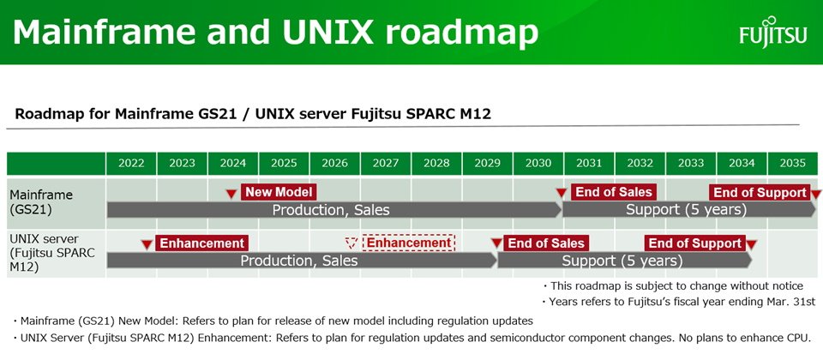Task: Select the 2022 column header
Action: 131,163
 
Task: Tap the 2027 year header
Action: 386,163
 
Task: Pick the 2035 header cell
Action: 792,163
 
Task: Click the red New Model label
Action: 279,192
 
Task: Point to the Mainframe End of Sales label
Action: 614,192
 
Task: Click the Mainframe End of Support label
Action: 759,193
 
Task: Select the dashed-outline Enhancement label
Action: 409,243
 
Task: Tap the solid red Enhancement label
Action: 202,243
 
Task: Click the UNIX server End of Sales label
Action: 546,243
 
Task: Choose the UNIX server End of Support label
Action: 695,243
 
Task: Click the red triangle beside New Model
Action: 231,195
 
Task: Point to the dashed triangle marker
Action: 351,243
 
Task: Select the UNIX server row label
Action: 52,254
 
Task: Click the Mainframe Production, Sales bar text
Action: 331,211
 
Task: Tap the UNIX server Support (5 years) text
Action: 622,261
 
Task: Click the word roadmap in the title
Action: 462,33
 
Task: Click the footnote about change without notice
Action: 673,286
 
